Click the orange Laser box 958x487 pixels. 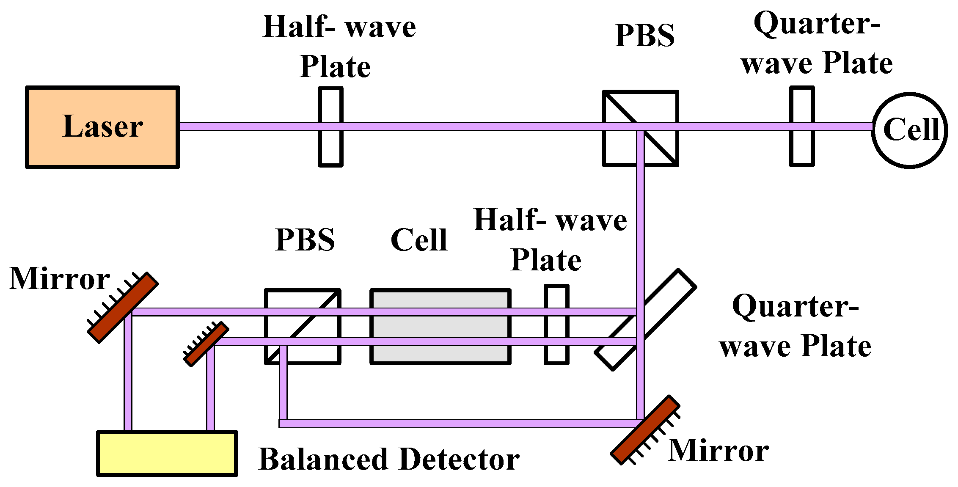(x=102, y=127)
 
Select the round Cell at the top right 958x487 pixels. (x=910, y=130)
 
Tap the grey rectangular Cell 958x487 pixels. (x=440, y=326)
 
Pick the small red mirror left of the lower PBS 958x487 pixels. (x=206, y=344)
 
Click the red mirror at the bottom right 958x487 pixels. (x=645, y=430)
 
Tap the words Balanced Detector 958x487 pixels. (x=389, y=459)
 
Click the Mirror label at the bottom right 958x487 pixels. (x=718, y=450)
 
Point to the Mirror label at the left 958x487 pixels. (x=59, y=279)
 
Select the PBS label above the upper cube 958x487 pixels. (x=645, y=36)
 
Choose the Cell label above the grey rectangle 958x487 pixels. (x=419, y=240)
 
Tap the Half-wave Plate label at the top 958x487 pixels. (x=339, y=47)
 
